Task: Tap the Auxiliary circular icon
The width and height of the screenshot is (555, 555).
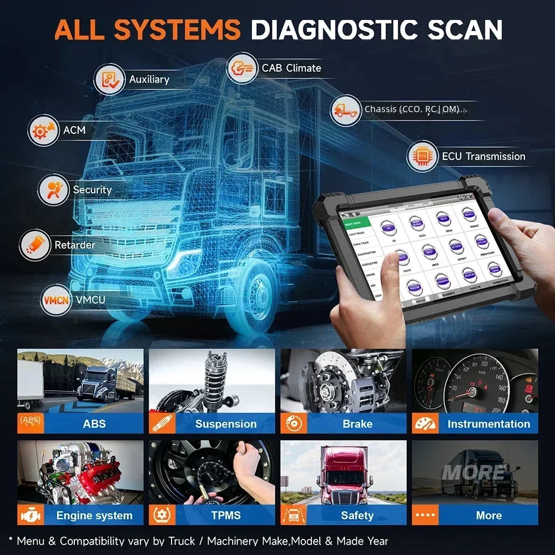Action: (x=109, y=79)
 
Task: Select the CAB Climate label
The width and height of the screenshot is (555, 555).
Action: (x=291, y=68)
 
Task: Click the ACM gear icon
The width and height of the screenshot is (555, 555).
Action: (x=43, y=131)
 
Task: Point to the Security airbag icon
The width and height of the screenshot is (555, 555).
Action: (x=54, y=190)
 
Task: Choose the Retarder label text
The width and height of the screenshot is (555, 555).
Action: (x=74, y=245)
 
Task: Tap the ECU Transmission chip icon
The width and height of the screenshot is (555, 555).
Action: (x=422, y=157)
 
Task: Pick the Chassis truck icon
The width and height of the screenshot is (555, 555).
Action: (x=346, y=110)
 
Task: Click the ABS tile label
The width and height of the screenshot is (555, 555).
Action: (x=94, y=423)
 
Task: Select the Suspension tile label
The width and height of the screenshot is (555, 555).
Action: (x=226, y=423)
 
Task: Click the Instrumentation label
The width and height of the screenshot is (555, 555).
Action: (x=488, y=423)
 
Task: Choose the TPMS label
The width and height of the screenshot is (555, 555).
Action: (x=226, y=515)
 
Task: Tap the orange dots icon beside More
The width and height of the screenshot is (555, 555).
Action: (x=426, y=515)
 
